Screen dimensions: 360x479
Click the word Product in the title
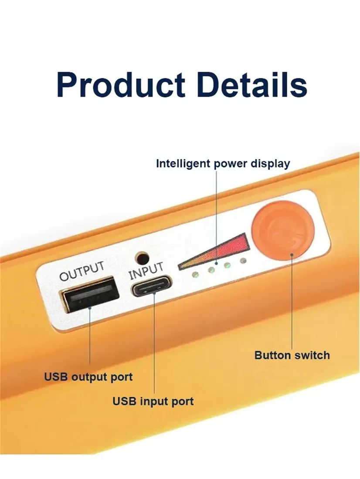tap(121, 84)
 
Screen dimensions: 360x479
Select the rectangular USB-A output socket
tap(91, 294)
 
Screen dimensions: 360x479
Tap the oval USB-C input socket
tap(151, 286)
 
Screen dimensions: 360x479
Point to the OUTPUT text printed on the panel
tap(82, 271)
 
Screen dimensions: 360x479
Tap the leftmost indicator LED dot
tap(195, 274)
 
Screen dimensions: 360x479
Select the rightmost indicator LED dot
tap(243, 260)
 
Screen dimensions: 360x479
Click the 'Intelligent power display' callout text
tap(223, 164)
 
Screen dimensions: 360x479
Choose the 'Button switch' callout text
tap(292, 355)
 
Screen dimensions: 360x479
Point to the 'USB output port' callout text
tap(88, 377)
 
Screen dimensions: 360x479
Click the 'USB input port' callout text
tap(153, 401)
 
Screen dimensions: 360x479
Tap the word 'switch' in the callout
tap(312, 355)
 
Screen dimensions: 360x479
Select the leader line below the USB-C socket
tap(154, 343)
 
